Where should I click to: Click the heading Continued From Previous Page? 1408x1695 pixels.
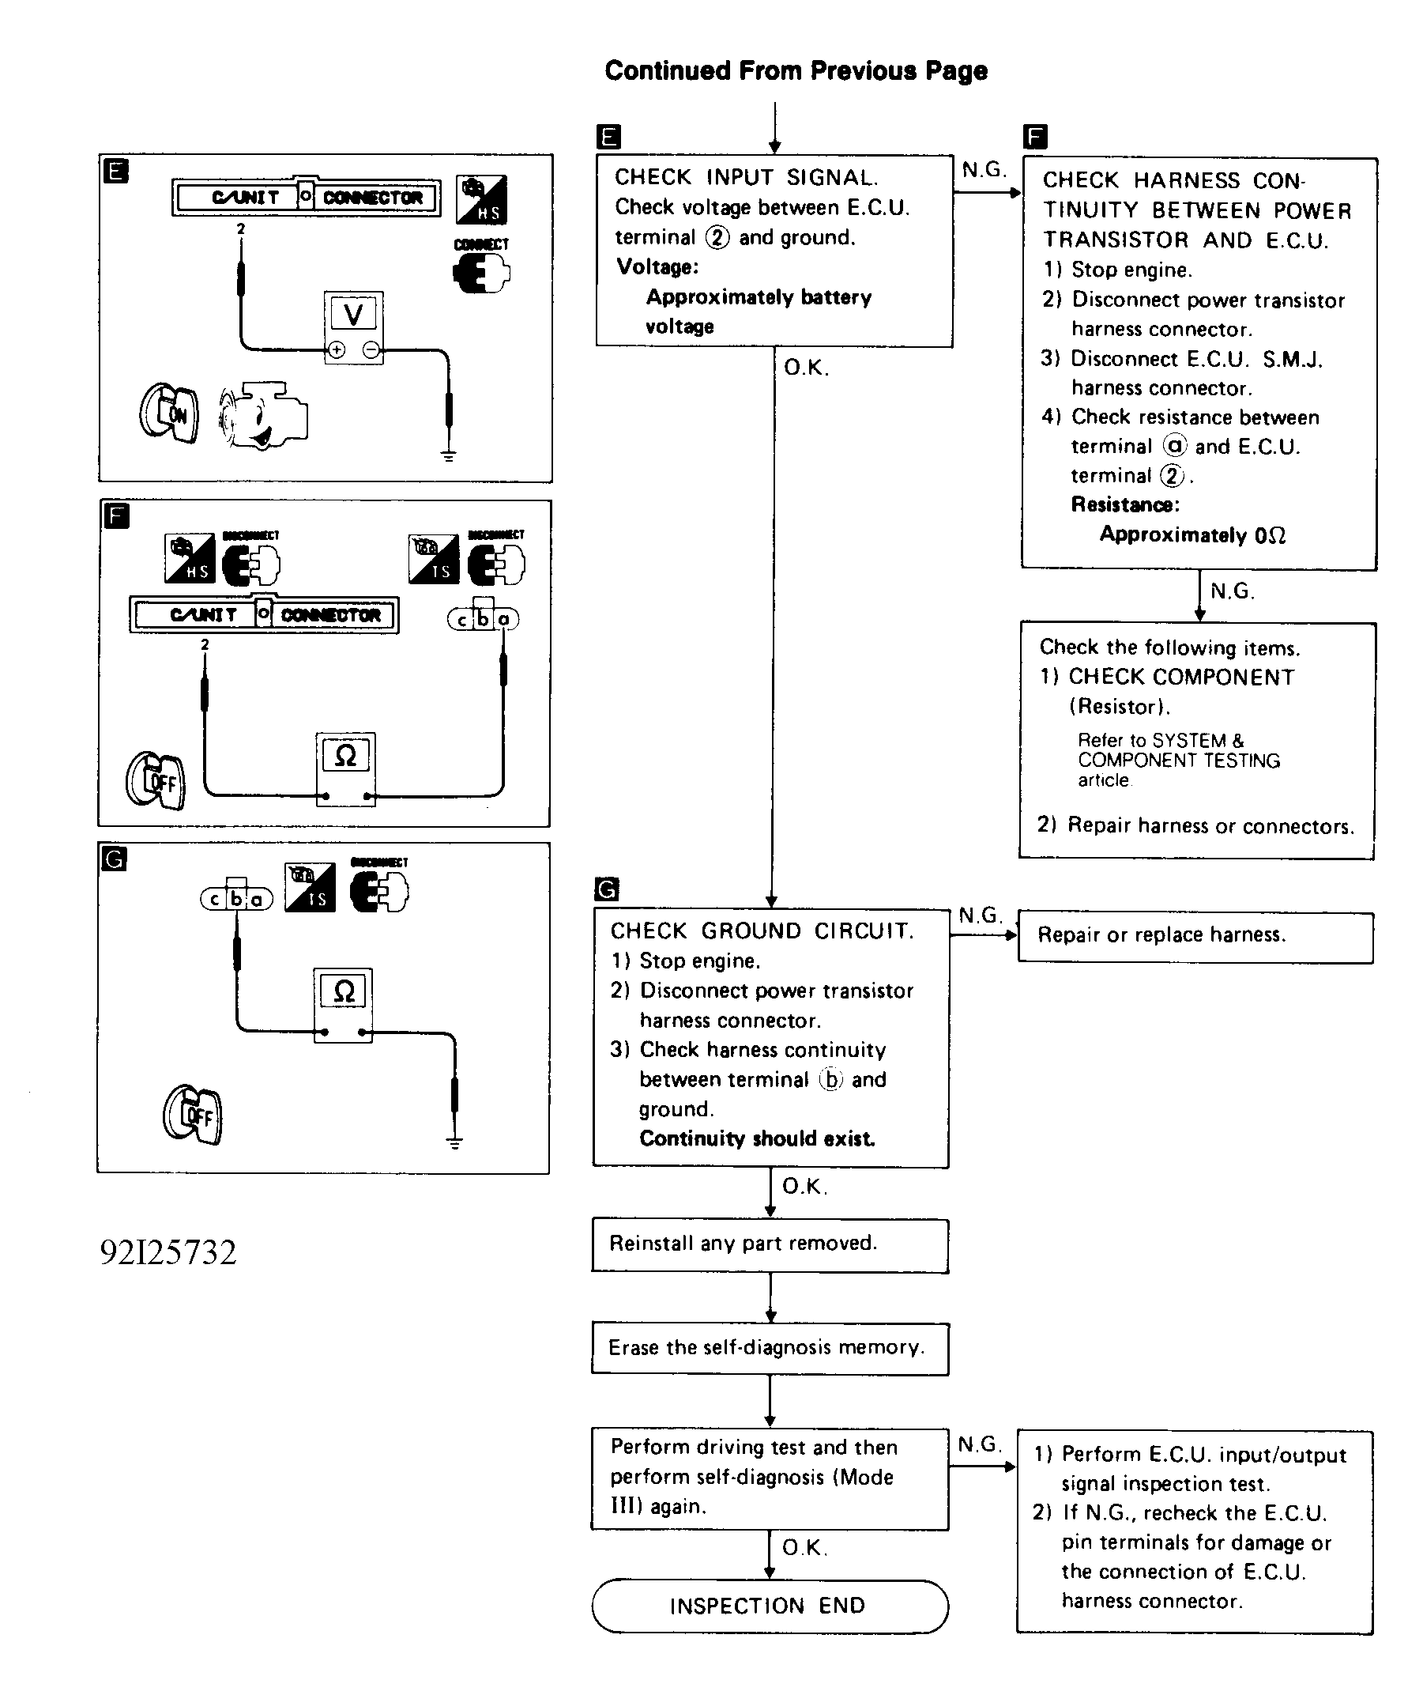(x=796, y=71)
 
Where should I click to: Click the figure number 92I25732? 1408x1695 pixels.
(x=168, y=1251)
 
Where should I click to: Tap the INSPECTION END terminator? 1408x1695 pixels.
(x=769, y=1606)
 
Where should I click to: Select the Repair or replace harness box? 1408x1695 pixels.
(x=1195, y=936)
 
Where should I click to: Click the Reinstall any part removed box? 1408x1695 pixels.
(x=769, y=1244)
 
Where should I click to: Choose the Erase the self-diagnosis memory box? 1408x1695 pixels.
(x=769, y=1348)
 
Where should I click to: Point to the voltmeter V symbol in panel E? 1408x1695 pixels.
(x=353, y=315)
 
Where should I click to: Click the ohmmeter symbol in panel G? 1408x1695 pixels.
(x=343, y=991)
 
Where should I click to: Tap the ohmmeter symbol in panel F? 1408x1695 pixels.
(x=345, y=756)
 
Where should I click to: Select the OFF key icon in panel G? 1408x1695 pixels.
(x=193, y=1114)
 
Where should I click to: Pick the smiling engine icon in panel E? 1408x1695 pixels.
(x=263, y=416)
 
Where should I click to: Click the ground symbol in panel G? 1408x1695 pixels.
(x=455, y=1142)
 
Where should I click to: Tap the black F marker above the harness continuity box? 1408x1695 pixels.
(x=1035, y=138)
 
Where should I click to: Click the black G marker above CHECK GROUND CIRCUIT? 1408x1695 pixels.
(x=606, y=889)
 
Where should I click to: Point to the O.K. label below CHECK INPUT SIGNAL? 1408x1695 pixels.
(x=806, y=368)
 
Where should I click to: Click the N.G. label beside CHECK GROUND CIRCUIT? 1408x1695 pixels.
(x=980, y=915)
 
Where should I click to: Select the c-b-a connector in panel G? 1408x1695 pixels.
(x=236, y=897)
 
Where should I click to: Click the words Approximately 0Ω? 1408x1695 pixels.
(x=1192, y=534)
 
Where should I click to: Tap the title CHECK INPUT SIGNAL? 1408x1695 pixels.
(x=746, y=178)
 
